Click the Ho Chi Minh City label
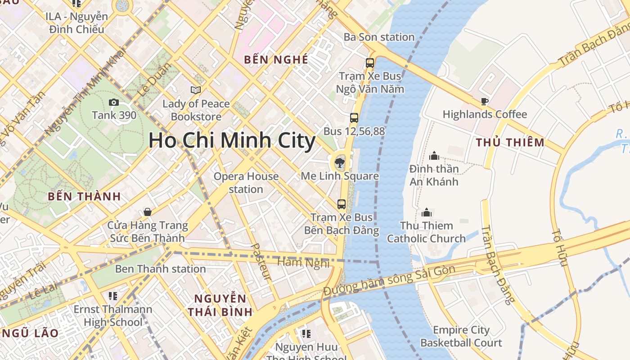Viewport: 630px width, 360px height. pyautogui.click(x=232, y=140)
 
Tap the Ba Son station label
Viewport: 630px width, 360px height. pyautogui.click(x=379, y=37)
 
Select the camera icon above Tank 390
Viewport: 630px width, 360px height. pyautogui.click(x=114, y=103)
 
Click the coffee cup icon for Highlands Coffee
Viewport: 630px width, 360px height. pyautogui.click(x=484, y=101)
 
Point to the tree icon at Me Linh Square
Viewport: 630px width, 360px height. pyautogui.click(x=340, y=162)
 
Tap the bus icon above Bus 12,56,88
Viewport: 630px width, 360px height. pyautogui.click(x=354, y=118)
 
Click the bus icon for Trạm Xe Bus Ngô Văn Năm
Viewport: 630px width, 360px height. pyautogui.click(x=370, y=63)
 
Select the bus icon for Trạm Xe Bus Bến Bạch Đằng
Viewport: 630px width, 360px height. pyautogui.click(x=342, y=204)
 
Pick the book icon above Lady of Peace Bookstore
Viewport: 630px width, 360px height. pyautogui.click(x=196, y=90)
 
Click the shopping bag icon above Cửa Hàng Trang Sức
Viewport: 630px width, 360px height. pyautogui.click(x=147, y=212)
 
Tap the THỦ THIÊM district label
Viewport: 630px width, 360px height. pyautogui.click(x=510, y=143)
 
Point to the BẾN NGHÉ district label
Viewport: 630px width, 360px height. pyautogui.click(x=276, y=59)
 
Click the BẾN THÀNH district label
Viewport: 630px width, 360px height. pyautogui.click(x=84, y=196)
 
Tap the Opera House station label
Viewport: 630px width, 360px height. pyautogui.click(x=246, y=183)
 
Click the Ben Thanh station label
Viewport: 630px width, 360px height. pyautogui.click(x=160, y=269)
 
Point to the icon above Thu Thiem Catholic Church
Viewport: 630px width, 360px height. pyautogui.click(x=426, y=212)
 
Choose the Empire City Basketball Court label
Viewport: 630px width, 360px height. pyautogui.click(x=461, y=337)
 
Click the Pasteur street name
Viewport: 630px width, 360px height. pyautogui.click(x=261, y=262)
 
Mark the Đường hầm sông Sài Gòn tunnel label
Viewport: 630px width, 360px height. pyautogui.click(x=390, y=280)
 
